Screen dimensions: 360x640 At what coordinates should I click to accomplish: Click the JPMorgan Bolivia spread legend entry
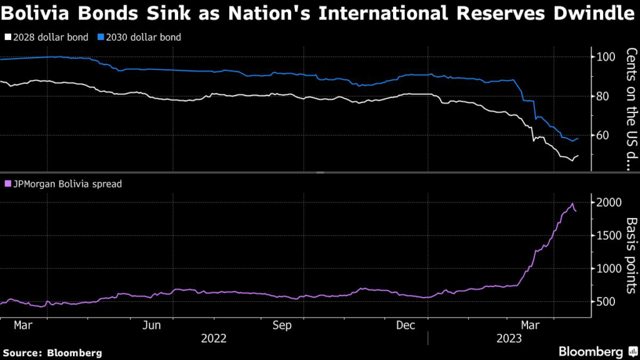click(x=63, y=184)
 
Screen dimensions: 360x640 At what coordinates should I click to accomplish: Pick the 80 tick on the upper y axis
click(x=605, y=96)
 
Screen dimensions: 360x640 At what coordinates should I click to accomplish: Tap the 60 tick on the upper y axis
click(x=605, y=136)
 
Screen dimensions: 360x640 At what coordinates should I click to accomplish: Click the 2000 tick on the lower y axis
click(x=609, y=202)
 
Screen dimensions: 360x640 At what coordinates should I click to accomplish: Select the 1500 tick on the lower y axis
click(x=609, y=236)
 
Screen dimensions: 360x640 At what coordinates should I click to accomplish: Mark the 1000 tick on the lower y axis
click(x=609, y=269)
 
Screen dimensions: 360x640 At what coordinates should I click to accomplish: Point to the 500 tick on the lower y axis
click(x=607, y=302)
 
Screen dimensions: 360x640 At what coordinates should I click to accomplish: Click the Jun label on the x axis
click(x=152, y=326)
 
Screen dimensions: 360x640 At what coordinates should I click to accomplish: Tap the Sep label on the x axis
click(x=282, y=326)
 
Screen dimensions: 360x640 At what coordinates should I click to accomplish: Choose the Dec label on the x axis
click(x=407, y=326)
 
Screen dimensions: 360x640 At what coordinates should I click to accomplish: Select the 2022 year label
click(x=214, y=339)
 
